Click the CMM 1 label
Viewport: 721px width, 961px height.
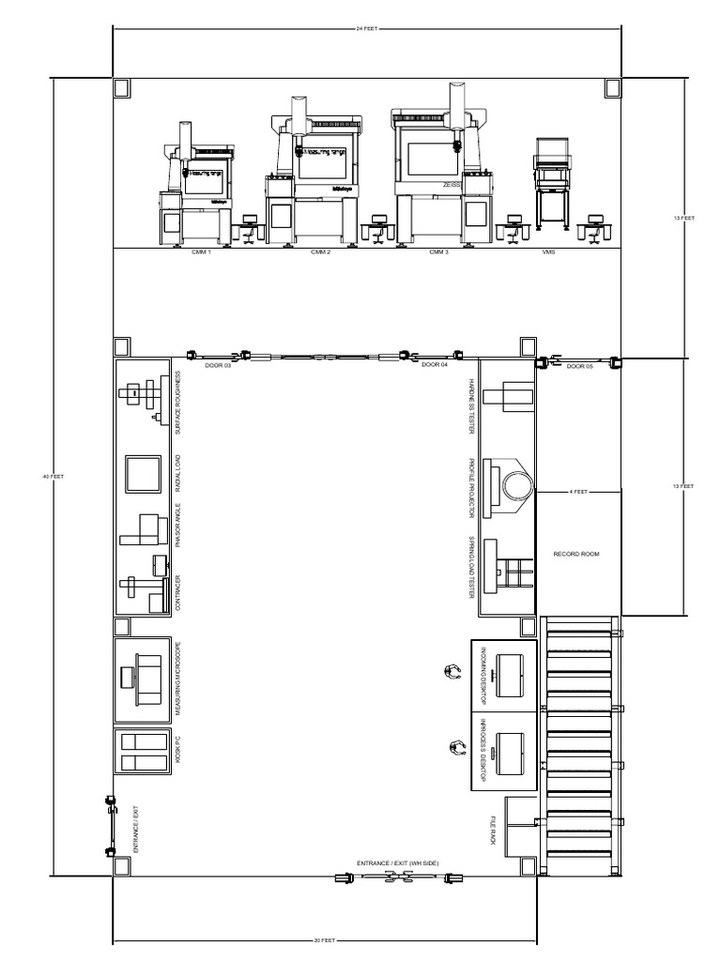pos(201,252)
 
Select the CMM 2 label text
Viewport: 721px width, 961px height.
pos(320,252)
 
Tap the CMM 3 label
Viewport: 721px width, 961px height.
pos(438,252)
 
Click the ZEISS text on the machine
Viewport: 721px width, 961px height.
pos(453,186)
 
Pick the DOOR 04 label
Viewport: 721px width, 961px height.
pos(434,364)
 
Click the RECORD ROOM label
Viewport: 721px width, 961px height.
pos(576,554)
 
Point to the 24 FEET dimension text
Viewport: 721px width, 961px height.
pos(367,29)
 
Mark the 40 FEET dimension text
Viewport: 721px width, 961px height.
pos(52,477)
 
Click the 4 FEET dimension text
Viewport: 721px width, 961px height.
pos(577,491)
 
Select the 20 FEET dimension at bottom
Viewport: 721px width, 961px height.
pos(325,940)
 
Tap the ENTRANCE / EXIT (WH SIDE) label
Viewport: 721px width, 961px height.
pos(397,862)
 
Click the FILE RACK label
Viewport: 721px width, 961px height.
pos(491,831)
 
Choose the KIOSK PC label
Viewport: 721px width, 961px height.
pos(178,751)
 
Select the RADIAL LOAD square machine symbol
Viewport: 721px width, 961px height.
pos(144,473)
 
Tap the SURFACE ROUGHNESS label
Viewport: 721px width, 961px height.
pos(178,404)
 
